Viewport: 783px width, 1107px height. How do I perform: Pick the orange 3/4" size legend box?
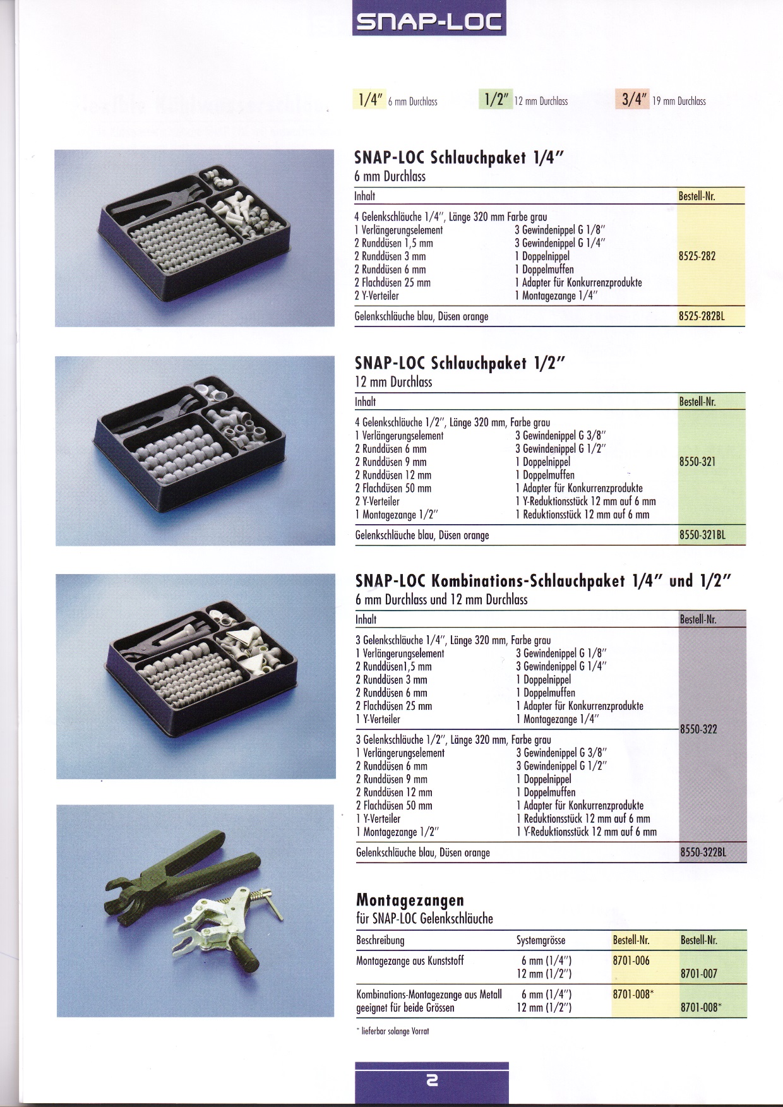(632, 100)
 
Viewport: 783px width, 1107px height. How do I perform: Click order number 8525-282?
(697, 256)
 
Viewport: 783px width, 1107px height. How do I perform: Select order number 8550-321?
(697, 462)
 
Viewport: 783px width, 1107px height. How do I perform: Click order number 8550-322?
(698, 729)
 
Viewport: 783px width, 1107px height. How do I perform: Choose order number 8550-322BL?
(703, 853)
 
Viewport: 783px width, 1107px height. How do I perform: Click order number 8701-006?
(631, 960)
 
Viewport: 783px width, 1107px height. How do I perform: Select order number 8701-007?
(699, 974)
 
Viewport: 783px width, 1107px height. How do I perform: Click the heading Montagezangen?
(410, 900)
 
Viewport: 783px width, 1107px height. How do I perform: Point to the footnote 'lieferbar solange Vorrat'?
(393, 1031)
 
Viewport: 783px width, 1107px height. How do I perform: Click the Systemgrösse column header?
(541, 940)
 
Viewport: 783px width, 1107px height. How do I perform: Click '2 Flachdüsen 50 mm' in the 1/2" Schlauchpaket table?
(393, 488)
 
